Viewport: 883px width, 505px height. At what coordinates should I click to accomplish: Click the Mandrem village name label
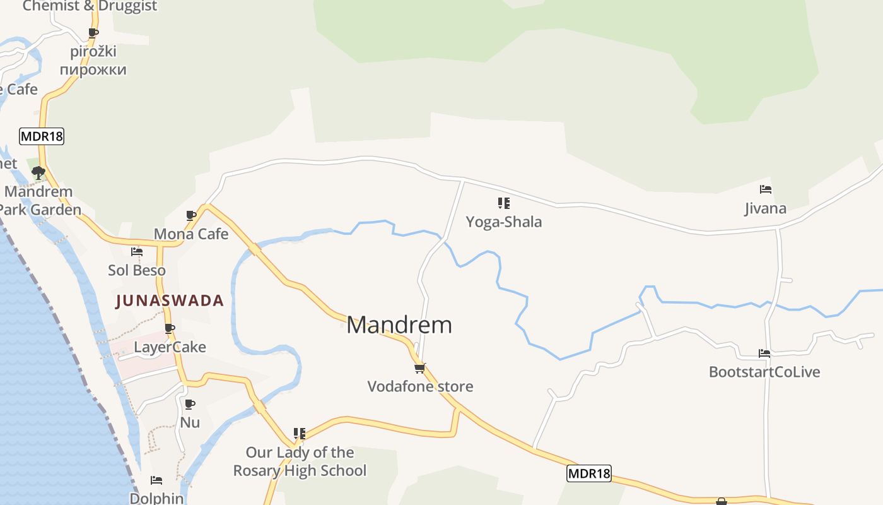[399, 325]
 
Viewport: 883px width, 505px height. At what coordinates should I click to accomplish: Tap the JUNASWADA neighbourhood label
[170, 300]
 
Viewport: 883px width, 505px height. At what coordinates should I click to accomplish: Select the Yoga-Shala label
[503, 222]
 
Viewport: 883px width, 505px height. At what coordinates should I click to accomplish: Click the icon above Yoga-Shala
[503, 203]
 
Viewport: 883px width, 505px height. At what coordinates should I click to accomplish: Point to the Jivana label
[765, 208]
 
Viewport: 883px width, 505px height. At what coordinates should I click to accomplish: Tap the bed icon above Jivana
[766, 189]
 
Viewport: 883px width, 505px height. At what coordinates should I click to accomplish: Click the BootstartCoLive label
[764, 372]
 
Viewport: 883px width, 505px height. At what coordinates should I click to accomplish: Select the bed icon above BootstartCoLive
[764, 353]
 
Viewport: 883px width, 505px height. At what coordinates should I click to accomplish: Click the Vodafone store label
[420, 386]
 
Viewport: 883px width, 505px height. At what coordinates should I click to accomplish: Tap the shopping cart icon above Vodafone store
[419, 368]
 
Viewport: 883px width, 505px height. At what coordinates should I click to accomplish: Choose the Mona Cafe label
[191, 234]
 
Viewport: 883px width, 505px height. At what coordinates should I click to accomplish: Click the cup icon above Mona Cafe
[191, 216]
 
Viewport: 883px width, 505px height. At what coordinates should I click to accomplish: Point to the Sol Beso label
[137, 270]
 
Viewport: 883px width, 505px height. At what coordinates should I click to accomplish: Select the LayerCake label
[170, 347]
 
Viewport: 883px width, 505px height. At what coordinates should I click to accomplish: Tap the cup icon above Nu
[189, 404]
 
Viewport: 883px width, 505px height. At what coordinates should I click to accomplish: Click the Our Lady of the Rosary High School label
[300, 461]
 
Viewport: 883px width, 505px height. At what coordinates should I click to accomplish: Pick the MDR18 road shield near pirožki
[42, 136]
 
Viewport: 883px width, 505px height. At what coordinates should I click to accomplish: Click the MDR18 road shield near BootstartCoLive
[589, 473]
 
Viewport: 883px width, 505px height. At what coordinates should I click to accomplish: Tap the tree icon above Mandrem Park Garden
[38, 172]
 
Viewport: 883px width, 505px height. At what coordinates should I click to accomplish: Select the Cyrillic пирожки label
[93, 69]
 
